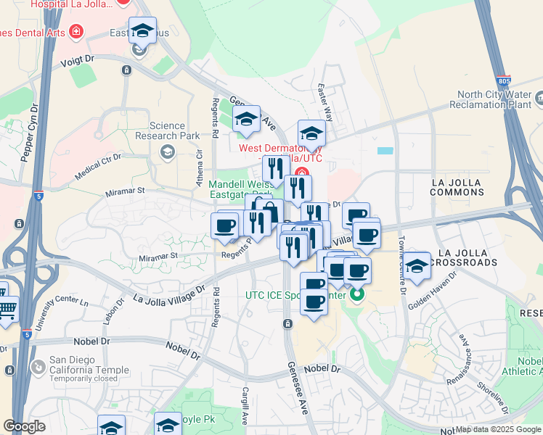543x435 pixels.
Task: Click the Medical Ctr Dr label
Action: point(99,165)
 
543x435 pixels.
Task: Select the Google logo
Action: point(25,426)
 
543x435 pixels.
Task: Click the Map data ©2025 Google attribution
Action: point(498,429)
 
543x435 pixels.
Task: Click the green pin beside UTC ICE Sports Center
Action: point(356,296)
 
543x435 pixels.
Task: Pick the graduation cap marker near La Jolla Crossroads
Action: point(417,266)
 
